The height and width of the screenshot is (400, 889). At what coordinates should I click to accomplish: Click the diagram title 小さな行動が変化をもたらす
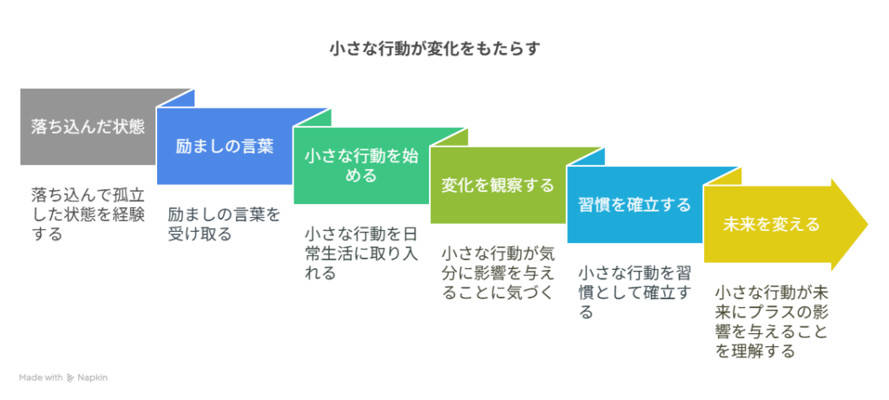click(x=435, y=49)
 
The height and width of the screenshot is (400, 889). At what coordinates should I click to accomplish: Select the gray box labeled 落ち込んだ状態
click(x=88, y=127)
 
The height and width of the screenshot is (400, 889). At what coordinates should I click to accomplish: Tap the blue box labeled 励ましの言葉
click(x=224, y=146)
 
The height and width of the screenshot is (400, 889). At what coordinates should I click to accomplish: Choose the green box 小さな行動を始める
click(x=361, y=166)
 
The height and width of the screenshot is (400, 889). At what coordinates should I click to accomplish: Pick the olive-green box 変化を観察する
click(x=497, y=186)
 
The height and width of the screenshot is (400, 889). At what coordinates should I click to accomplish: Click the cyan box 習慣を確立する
click(x=635, y=205)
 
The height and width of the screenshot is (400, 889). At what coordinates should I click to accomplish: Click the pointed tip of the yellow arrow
click(x=868, y=225)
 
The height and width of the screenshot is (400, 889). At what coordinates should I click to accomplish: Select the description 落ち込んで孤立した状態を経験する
click(x=88, y=214)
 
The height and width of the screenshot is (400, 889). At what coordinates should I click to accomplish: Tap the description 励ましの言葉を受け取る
click(x=224, y=224)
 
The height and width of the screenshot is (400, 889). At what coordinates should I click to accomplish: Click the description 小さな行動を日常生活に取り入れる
click(x=361, y=253)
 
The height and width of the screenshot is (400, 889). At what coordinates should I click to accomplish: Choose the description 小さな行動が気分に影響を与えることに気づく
click(x=497, y=272)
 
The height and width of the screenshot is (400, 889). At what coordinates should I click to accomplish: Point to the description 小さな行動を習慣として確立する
click(x=635, y=292)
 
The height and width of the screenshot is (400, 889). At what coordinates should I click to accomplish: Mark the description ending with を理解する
click(x=771, y=322)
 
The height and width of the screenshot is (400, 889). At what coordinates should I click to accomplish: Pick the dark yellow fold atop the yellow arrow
click(x=722, y=176)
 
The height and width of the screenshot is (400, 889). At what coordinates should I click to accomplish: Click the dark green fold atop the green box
click(x=313, y=117)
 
